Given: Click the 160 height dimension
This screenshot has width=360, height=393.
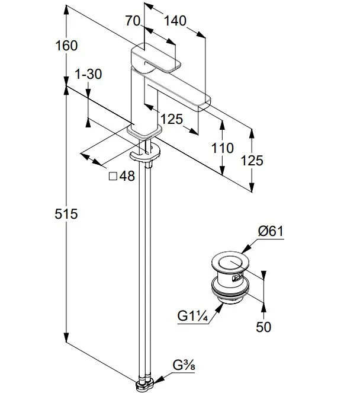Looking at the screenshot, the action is (x=66, y=46).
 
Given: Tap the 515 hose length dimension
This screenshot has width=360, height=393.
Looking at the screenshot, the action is (x=66, y=214).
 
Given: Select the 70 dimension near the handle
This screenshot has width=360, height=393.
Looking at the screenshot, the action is (x=133, y=21).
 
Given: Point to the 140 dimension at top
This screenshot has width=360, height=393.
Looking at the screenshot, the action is (x=175, y=21).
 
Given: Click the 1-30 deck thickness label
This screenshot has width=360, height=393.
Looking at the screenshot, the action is (x=89, y=74).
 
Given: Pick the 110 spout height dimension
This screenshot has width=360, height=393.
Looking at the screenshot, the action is (x=223, y=148).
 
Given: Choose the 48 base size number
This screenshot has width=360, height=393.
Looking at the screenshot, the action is (x=127, y=176).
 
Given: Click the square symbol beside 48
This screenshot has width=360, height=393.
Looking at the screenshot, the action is (x=113, y=176).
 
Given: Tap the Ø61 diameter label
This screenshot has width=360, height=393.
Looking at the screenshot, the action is (x=271, y=231).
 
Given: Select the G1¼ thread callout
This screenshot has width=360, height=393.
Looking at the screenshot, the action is (x=192, y=316).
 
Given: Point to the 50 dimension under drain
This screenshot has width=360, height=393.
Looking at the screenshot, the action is (x=263, y=327).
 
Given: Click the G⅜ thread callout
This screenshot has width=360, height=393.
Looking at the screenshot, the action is (x=184, y=365).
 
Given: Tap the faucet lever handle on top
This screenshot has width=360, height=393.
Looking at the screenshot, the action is (x=156, y=58).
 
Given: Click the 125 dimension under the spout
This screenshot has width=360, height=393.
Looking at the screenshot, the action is (x=172, y=119).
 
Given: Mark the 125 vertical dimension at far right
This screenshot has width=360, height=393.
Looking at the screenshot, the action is (x=252, y=161).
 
